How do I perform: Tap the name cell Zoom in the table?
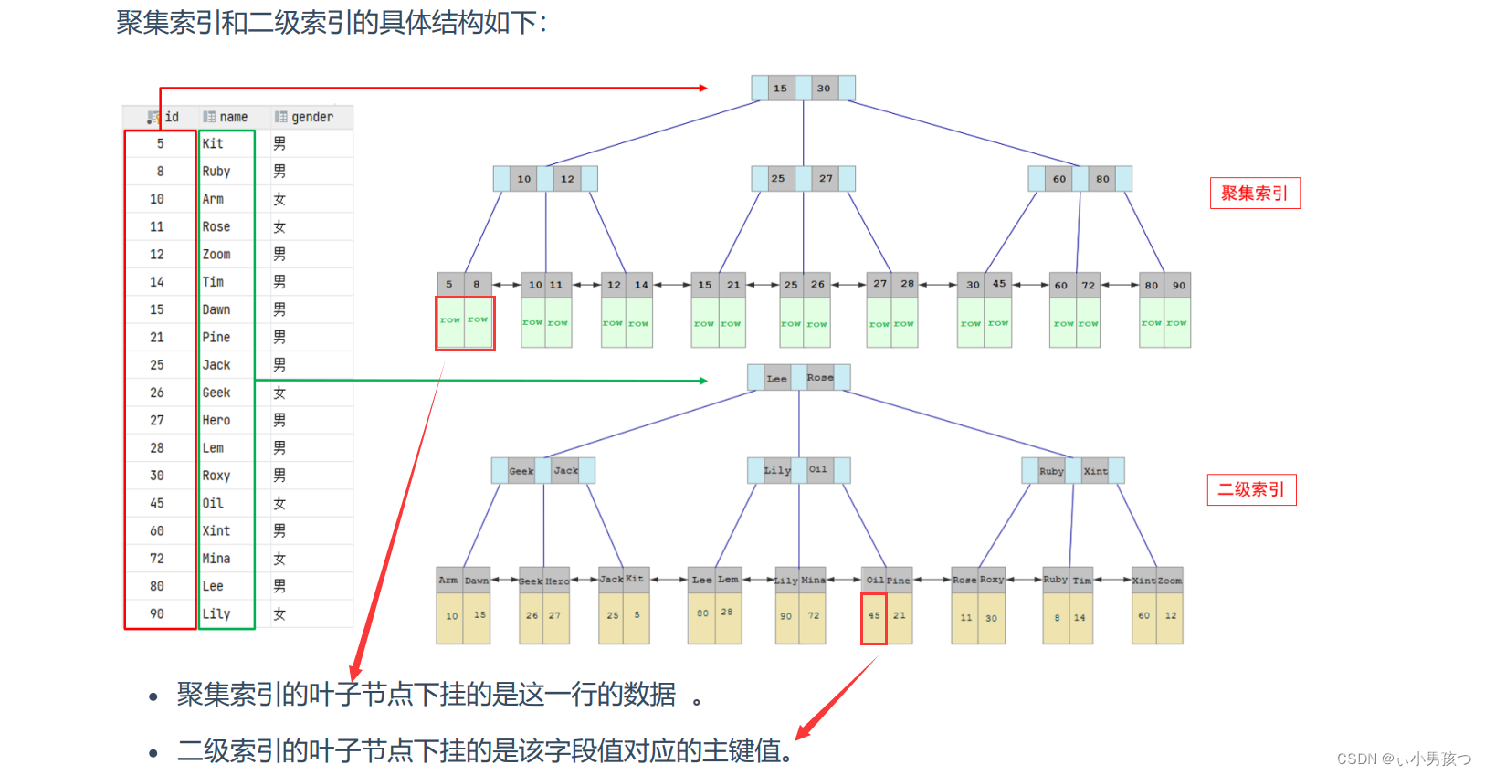click(x=216, y=254)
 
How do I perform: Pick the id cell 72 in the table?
click(x=157, y=559)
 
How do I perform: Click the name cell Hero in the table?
click(x=216, y=420)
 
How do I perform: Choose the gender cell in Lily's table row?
click(x=279, y=613)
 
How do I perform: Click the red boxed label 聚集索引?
click(x=1254, y=194)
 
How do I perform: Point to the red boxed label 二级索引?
click(x=1251, y=490)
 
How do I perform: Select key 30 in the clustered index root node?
click(x=824, y=89)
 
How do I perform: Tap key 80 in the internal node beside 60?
click(x=1102, y=179)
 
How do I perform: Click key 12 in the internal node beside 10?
click(x=567, y=179)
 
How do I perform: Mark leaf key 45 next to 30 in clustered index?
click(x=999, y=284)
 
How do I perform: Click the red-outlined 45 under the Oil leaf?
click(x=874, y=616)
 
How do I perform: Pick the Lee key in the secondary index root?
click(x=776, y=378)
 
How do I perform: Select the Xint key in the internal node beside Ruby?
click(x=1095, y=471)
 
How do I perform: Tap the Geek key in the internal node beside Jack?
click(x=521, y=471)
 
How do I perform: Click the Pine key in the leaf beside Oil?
click(x=899, y=580)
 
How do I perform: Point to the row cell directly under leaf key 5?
click(x=450, y=321)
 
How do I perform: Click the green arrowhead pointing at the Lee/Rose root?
click(x=702, y=381)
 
